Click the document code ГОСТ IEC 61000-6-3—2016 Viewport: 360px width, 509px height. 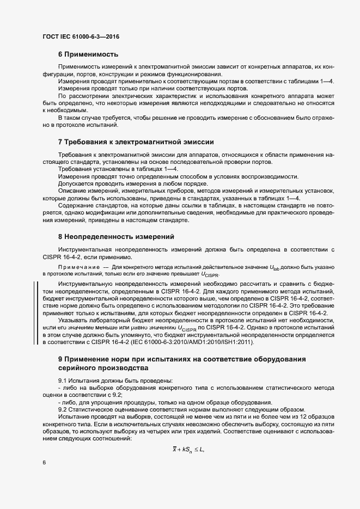coord(81,36)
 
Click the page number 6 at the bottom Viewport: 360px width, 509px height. coord(44,462)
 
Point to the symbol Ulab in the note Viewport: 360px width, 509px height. coord(274,267)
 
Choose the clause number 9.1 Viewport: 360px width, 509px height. coord(63,380)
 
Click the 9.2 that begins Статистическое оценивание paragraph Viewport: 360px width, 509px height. coord(63,409)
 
